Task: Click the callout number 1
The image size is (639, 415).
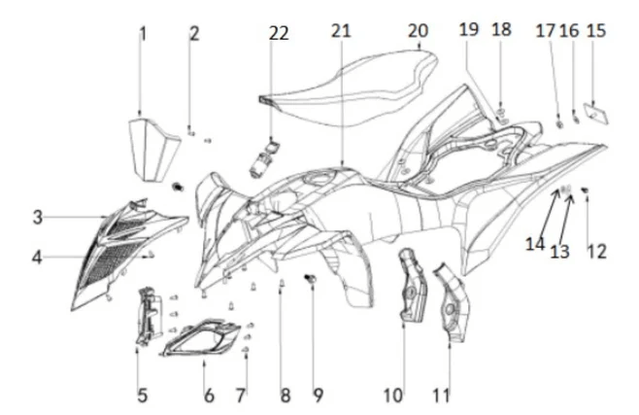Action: (143, 34)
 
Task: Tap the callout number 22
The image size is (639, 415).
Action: (279, 33)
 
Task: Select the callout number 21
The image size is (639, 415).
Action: (341, 31)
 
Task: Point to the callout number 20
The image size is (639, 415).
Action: (419, 31)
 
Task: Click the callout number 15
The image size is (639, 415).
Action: (596, 31)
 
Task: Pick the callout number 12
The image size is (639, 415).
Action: (597, 251)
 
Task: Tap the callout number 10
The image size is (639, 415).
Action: (393, 395)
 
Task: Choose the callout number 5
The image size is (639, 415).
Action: (142, 395)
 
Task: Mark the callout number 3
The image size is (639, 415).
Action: (38, 218)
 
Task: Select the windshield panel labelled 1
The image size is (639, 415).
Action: (154, 150)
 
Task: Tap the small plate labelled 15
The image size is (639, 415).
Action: (596, 113)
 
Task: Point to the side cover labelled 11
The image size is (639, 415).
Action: (452, 302)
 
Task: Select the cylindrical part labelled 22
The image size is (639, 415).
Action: (263, 159)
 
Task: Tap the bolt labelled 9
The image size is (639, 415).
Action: (311, 278)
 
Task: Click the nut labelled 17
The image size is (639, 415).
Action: (559, 124)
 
